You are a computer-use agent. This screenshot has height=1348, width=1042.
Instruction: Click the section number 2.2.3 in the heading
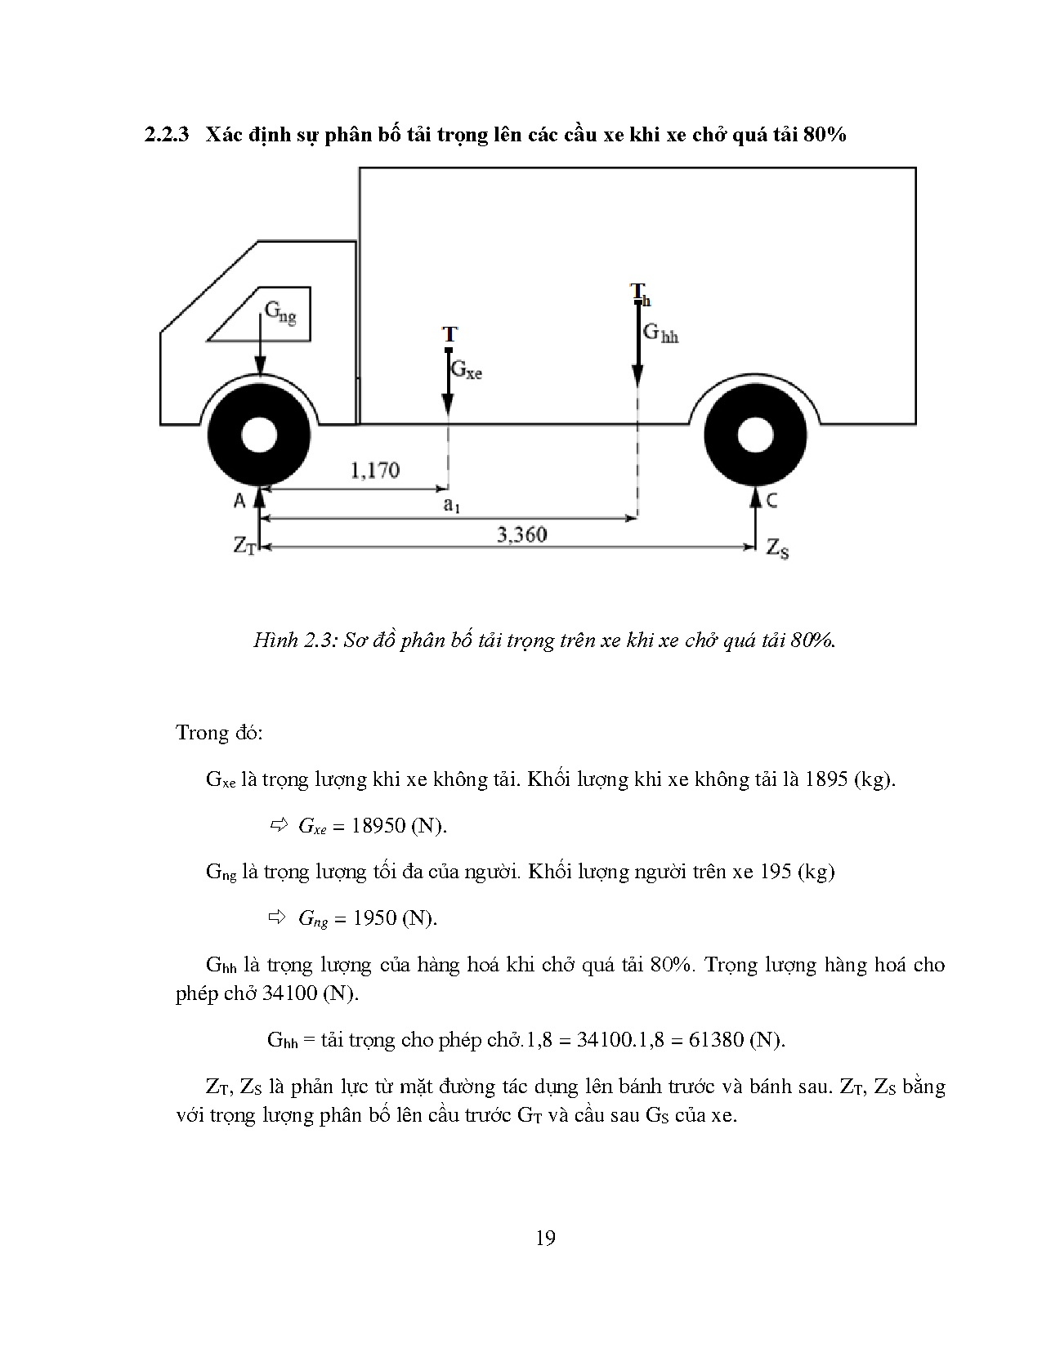[167, 135]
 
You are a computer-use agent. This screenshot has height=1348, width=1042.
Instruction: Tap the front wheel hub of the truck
[259, 435]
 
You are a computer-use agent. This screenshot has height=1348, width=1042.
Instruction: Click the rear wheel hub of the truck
[755, 435]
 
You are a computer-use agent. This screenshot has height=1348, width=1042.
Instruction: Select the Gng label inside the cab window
[280, 313]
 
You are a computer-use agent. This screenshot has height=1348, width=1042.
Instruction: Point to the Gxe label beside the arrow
[467, 369]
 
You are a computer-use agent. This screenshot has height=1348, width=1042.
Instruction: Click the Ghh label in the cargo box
[660, 333]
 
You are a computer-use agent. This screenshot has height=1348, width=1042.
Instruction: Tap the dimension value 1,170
[374, 471]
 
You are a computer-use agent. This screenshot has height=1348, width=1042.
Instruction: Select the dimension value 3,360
[521, 535]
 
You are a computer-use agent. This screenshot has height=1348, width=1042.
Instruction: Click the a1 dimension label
[451, 505]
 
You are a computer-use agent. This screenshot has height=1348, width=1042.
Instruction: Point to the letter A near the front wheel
[239, 500]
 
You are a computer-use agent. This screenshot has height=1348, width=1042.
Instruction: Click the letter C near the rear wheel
[771, 500]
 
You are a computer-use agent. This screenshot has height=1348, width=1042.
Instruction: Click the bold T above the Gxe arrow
[449, 334]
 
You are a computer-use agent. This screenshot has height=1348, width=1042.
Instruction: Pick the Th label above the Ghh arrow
[640, 293]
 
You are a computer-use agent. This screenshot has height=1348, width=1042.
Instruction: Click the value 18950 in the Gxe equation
[378, 826]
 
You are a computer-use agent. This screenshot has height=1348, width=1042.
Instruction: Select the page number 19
[545, 1239]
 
